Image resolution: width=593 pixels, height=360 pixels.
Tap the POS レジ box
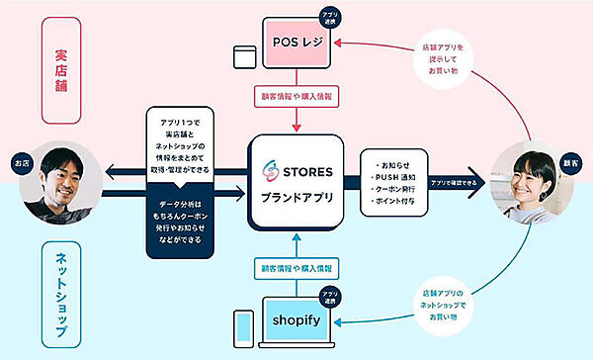(x=296, y=44)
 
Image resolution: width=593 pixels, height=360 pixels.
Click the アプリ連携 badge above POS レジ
(x=331, y=16)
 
